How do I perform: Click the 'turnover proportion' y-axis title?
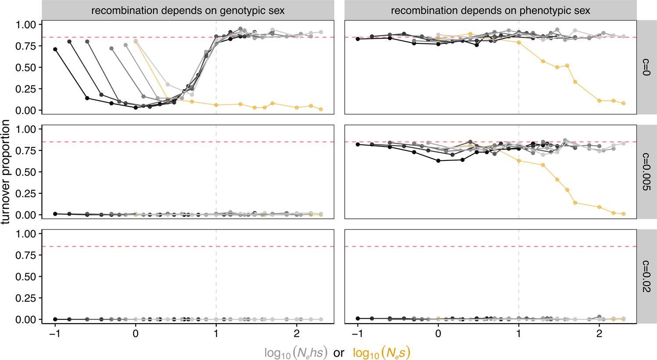[x=6, y=172]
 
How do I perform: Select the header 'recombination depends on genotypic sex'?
[x=188, y=10]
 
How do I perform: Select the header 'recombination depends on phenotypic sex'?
[x=490, y=10]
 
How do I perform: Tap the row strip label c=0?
[x=646, y=67]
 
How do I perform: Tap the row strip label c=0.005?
[x=646, y=172]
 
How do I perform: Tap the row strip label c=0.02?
[x=646, y=276]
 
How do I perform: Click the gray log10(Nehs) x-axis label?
[x=296, y=353]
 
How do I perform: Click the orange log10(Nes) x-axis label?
[x=381, y=353]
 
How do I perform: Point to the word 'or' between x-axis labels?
[x=339, y=353]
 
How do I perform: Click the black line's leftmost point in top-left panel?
[x=55, y=49]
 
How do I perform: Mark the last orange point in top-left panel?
[x=321, y=109]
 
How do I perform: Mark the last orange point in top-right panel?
[x=624, y=103]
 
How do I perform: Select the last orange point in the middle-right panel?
[x=624, y=214]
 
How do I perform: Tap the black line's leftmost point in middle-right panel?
[x=358, y=144]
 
